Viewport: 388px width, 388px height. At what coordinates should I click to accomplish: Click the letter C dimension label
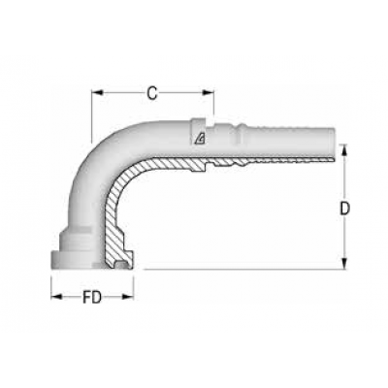click(x=152, y=93)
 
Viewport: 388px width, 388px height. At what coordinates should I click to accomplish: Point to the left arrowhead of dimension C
click(x=96, y=94)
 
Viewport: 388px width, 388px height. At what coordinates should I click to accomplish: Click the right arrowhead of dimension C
click(x=210, y=94)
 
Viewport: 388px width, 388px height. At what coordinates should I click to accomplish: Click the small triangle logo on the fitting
click(x=199, y=136)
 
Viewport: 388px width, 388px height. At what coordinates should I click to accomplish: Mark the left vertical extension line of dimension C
click(x=91, y=107)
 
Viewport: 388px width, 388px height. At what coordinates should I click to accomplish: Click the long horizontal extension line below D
click(x=242, y=268)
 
